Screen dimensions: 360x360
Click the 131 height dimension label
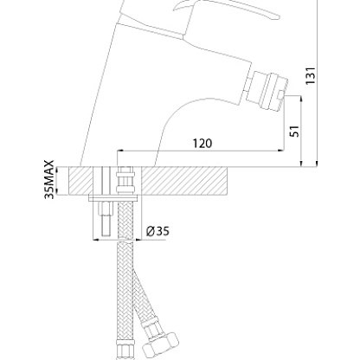[x=311, y=75]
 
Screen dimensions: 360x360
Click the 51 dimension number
[x=294, y=132]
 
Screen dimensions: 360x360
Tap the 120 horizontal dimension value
[x=202, y=144]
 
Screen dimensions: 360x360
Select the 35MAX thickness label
[x=49, y=179]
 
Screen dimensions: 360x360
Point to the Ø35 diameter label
[x=157, y=231]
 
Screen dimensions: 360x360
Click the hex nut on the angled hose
[x=161, y=344]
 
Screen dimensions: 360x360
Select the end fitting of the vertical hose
[x=125, y=350]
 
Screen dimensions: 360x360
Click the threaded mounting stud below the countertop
[x=105, y=218]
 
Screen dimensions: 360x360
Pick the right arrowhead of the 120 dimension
[x=280, y=151]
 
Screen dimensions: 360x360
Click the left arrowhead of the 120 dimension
[x=120, y=151]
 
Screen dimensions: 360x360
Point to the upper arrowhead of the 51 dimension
[x=301, y=99]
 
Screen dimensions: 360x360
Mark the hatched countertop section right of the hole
[x=185, y=181]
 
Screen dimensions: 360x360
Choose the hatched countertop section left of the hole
[x=80, y=181]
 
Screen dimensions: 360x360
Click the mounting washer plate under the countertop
[x=113, y=198]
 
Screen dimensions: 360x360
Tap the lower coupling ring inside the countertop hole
[x=125, y=190]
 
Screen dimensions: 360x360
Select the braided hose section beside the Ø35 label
[x=125, y=220]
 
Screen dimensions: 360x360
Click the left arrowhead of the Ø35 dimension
[x=96, y=240]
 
